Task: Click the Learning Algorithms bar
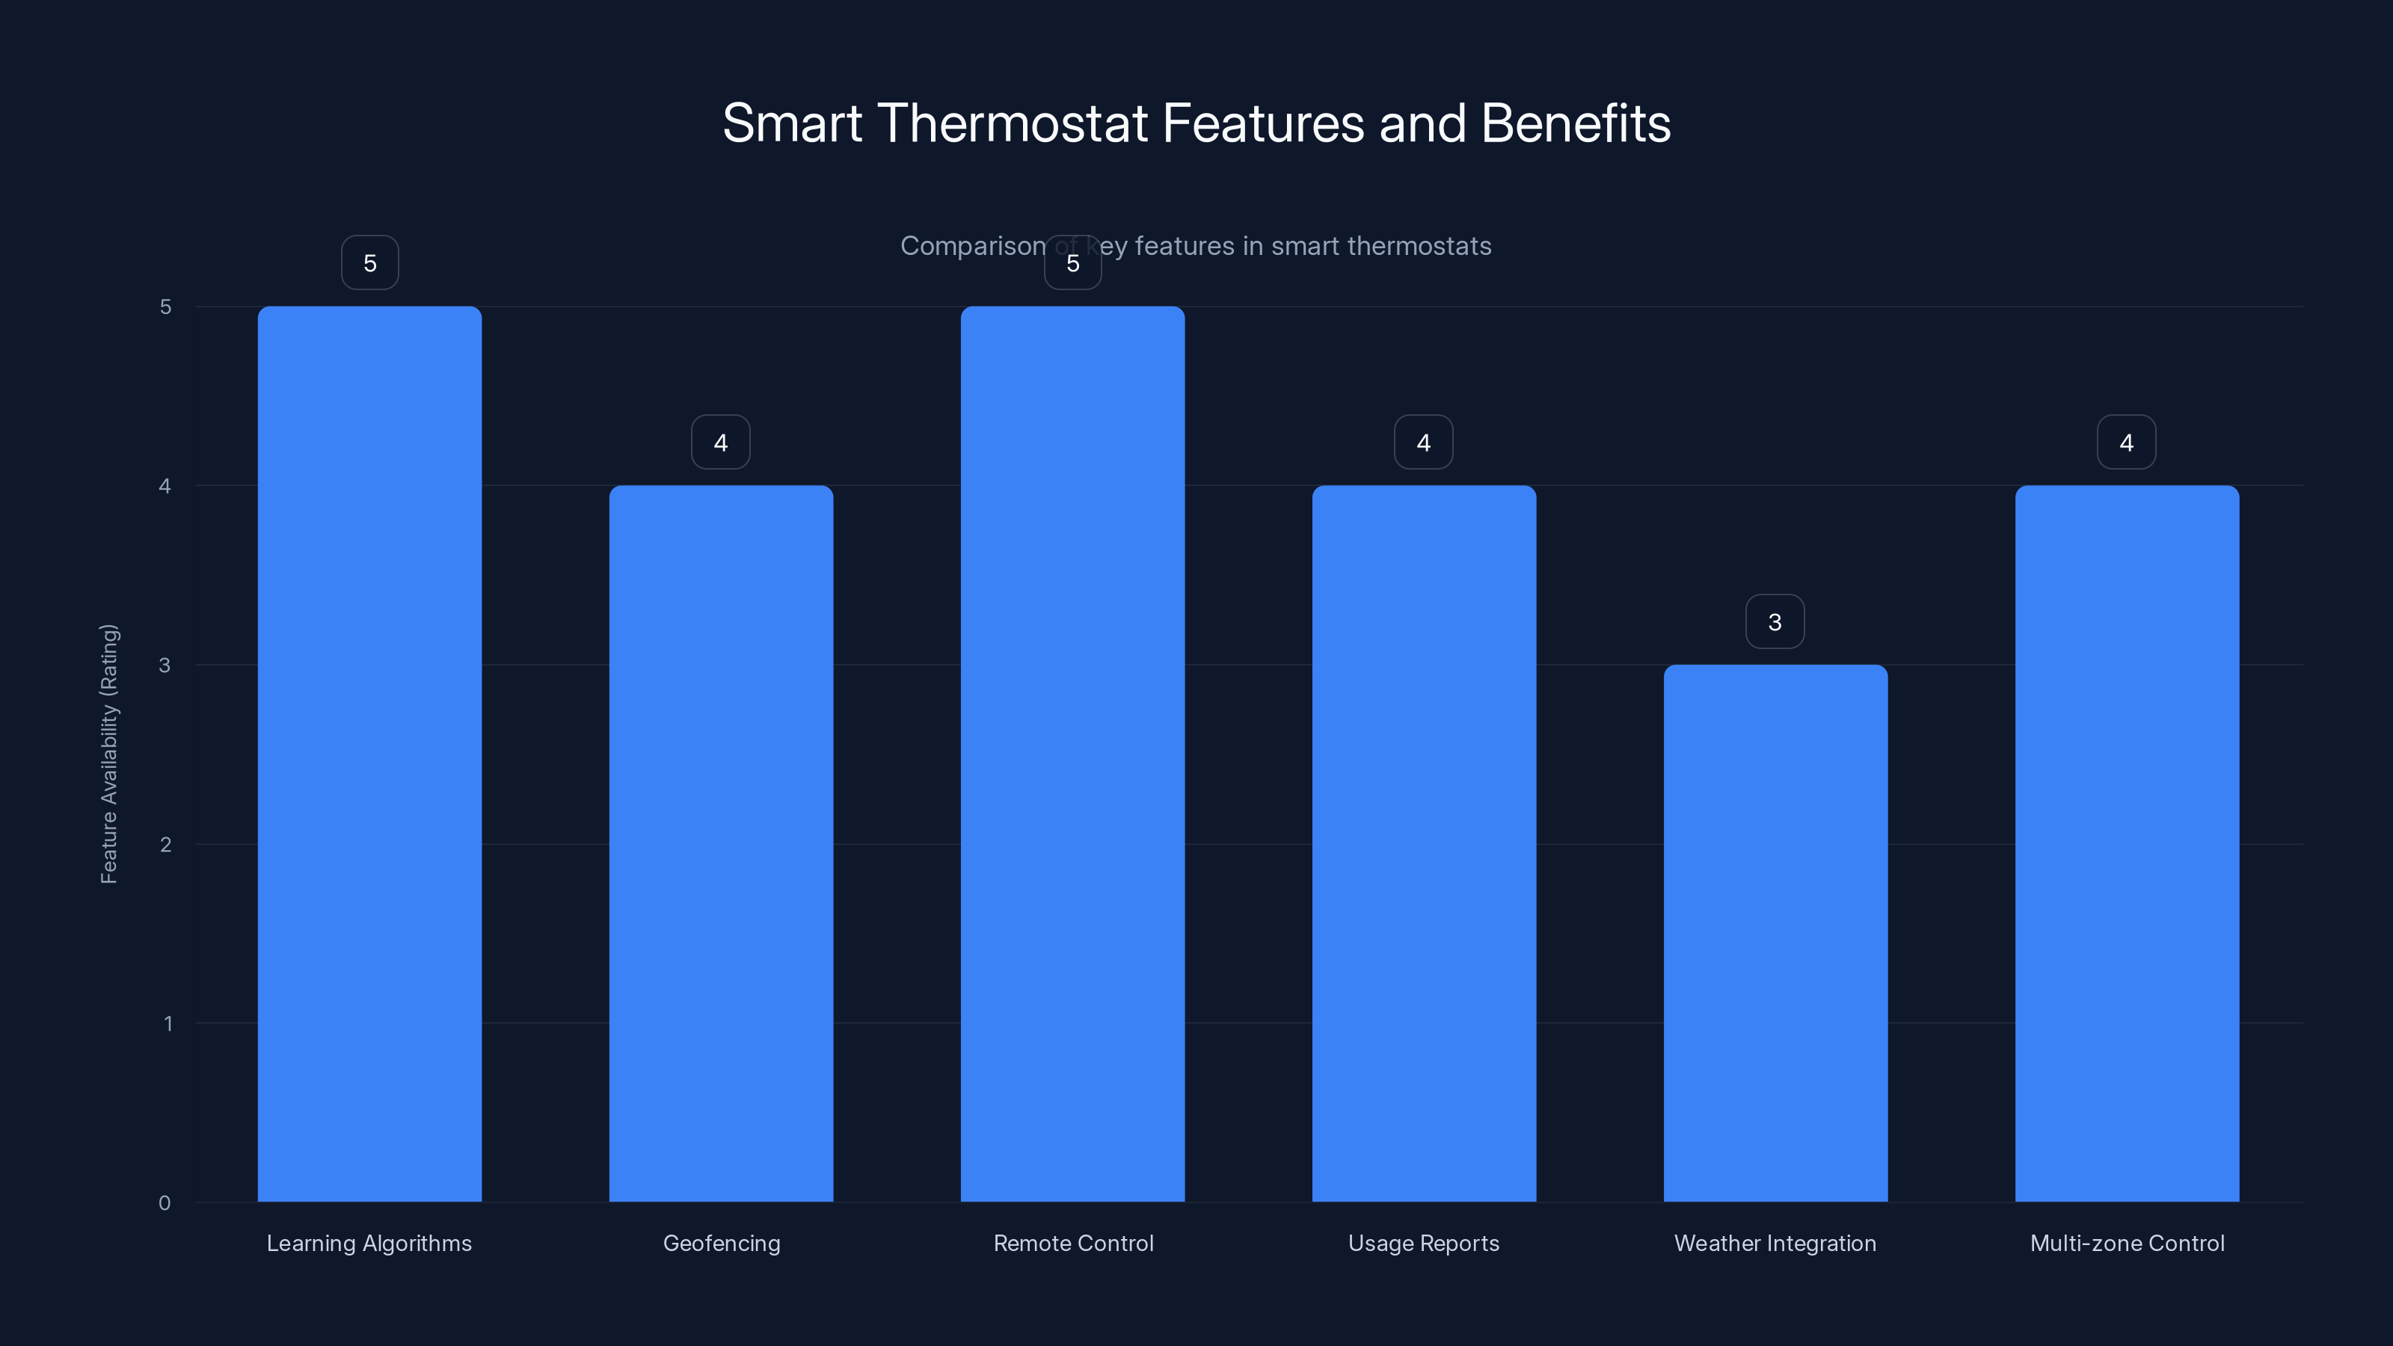(369, 753)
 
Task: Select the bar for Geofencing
(721, 843)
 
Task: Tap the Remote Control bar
(1072, 753)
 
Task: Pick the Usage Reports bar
(1423, 843)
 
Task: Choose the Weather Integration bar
(1775, 932)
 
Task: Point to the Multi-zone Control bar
(2126, 843)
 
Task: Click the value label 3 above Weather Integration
(1775, 621)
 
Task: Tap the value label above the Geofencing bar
(720, 442)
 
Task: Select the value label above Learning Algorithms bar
(369, 263)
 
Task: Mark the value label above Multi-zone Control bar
(2125, 442)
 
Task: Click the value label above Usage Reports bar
(1423, 442)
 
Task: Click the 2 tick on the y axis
(165, 844)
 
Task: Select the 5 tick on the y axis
(165, 307)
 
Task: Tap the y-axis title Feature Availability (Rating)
(108, 753)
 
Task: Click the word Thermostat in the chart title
(1012, 123)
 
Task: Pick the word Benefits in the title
(1576, 123)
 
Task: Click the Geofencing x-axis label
(721, 1243)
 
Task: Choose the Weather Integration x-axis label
(1775, 1243)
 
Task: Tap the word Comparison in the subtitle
(971, 246)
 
